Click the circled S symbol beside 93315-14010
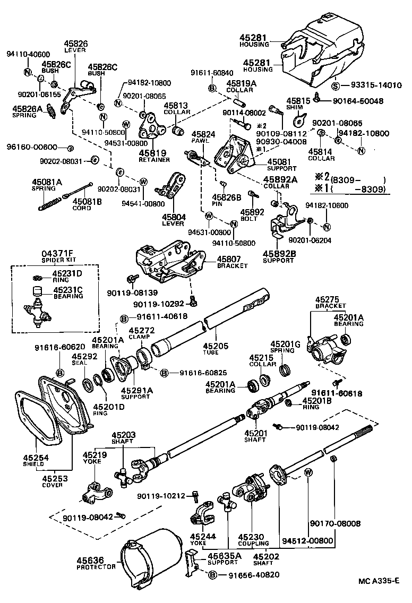point(336,85)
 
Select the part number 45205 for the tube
point(214,346)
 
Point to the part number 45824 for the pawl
point(203,134)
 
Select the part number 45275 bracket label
point(328,299)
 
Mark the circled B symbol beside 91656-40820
point(212,575)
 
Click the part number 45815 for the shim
point(298,100)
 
